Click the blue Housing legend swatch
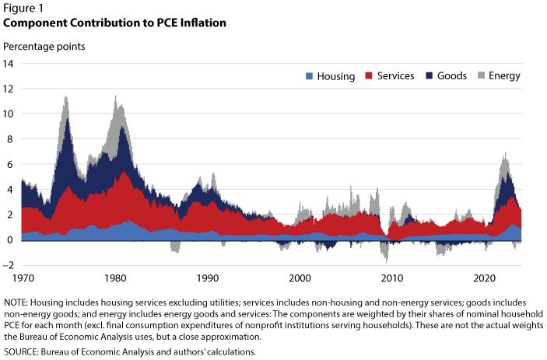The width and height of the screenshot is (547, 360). [x=309, y=76]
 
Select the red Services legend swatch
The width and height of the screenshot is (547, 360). [x=369, y=75]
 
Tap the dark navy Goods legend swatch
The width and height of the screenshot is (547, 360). [x=429, y=75]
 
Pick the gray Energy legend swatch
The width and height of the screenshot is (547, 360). [x=481, y=75]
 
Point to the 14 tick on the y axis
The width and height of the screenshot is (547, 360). [x=8, y=64]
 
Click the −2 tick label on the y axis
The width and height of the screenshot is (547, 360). [x=9, y=265]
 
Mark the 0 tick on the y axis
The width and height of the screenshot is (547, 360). [x=10, y=239]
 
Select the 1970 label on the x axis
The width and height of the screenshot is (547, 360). [x=23, y=278]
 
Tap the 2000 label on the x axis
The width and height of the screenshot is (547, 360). [x=300, y=278]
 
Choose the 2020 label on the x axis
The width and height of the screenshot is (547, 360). [x=484, y=278]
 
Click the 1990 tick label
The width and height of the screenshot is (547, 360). [x=208, y=278]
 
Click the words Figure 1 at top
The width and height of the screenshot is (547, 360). [x=23, y=8]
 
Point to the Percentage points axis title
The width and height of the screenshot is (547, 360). [x=44, y=47]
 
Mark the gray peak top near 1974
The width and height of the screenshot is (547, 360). [x=65, y=97]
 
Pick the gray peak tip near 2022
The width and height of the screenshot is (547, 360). [x=505, y=153]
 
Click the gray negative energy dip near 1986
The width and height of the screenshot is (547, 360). [x=176, y=246]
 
